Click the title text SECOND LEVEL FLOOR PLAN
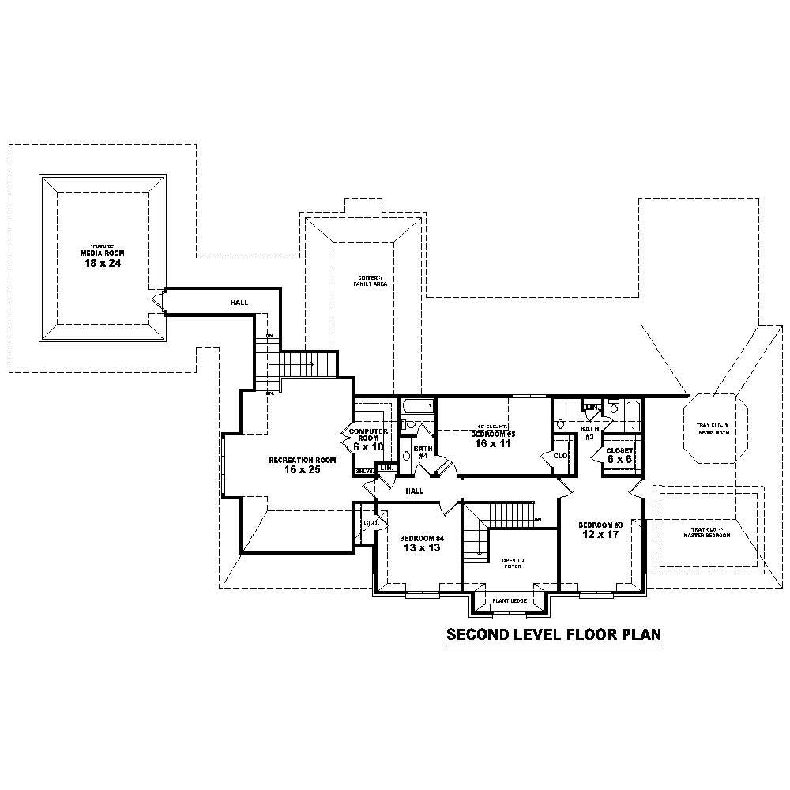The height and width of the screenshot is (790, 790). pos(553,634)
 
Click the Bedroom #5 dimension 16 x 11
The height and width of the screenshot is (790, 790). pos(493,444)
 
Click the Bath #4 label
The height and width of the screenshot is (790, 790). pos(421,451)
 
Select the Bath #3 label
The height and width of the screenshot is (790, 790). pos(589,432)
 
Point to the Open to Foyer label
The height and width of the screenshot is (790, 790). pos(513,563)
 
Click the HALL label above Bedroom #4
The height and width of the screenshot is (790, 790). pos(415,491)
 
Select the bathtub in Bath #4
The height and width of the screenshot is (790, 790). pos(418,407)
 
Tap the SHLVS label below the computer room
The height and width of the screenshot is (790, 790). pos(364,471)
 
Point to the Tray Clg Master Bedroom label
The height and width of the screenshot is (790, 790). pos(707,532)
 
